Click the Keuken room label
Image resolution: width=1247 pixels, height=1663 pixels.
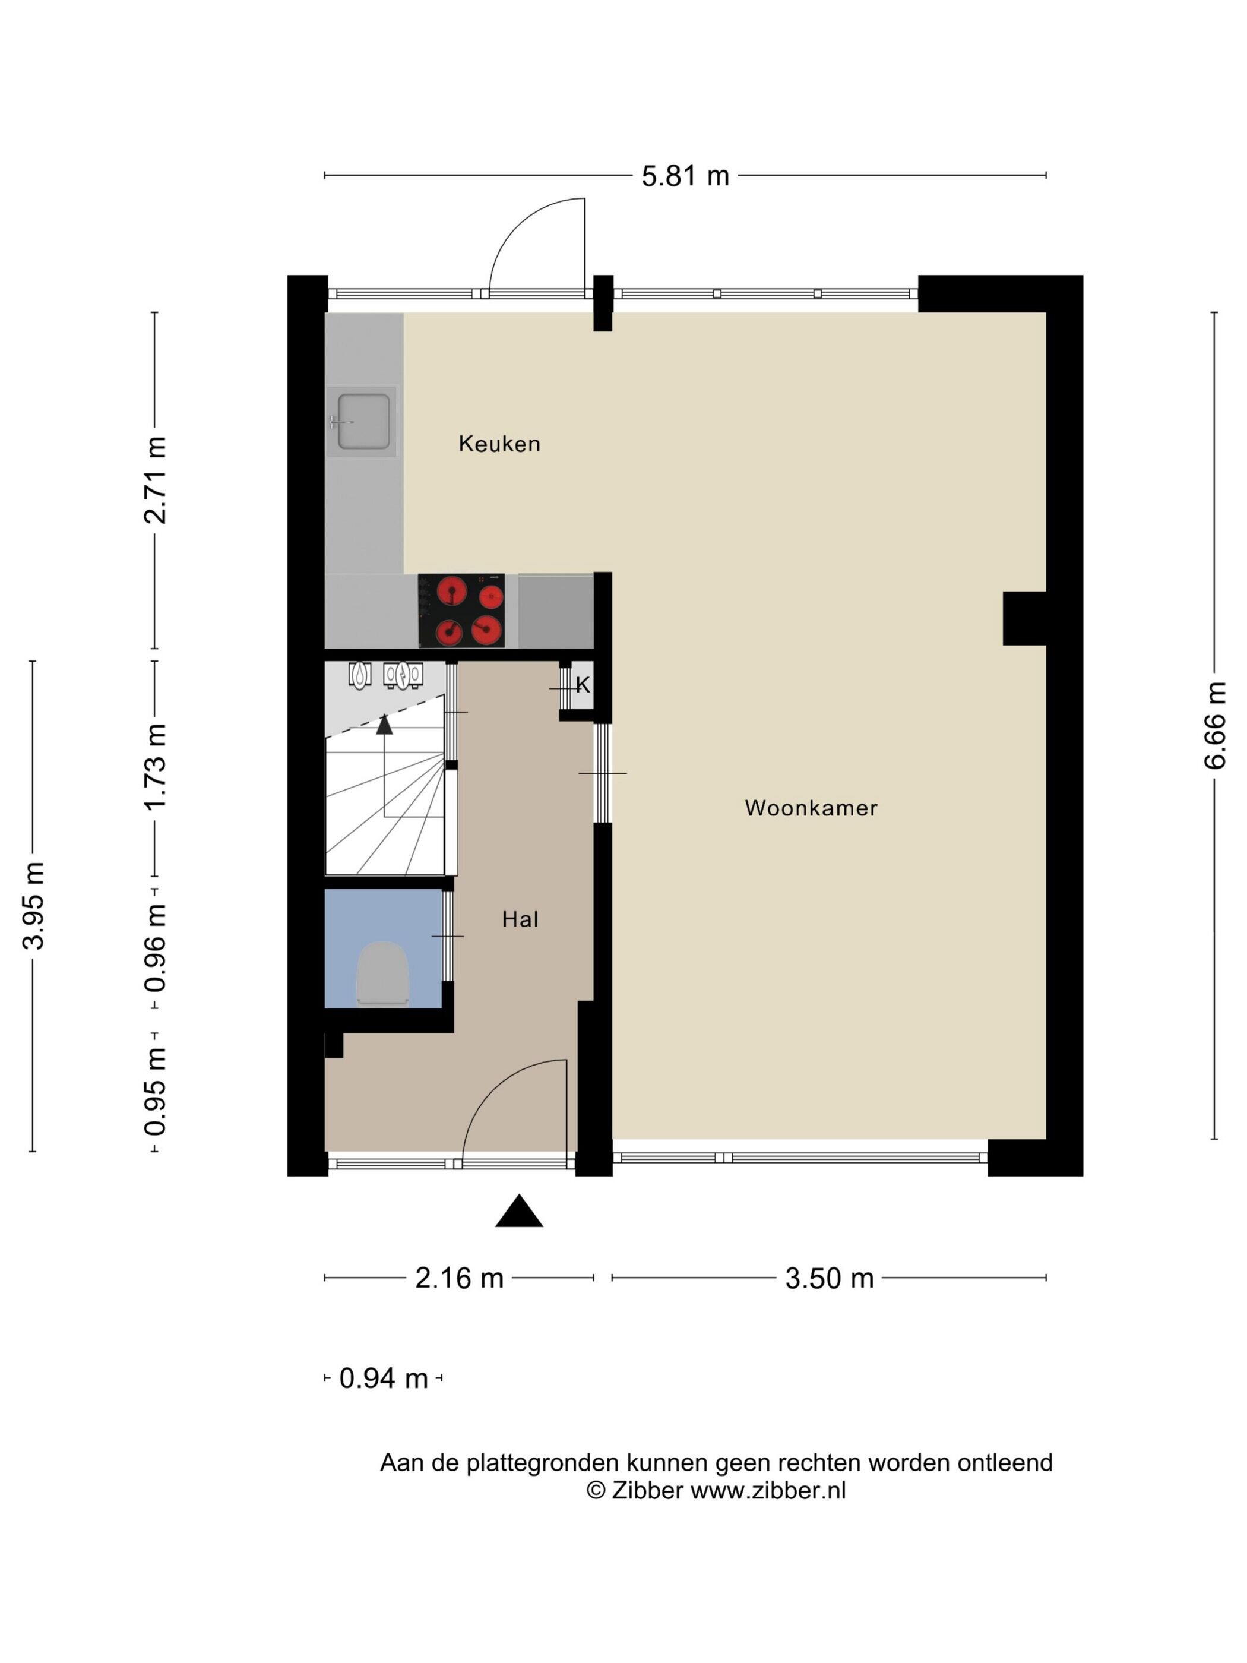(x=499, y=444)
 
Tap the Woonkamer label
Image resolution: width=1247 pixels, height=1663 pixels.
(x=811, y=808)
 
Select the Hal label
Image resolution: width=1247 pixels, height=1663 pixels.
(x=520, y=919)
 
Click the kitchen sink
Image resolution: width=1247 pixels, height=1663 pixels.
(x=362, y=421)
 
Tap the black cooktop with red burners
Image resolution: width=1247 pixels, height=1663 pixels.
(x=461, y=611)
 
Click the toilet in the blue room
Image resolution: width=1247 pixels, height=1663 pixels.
(x=382, y=973)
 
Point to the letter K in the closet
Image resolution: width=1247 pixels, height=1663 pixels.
(x=583, y=685)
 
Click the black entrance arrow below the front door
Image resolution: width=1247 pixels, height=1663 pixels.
(x=518, y=1210)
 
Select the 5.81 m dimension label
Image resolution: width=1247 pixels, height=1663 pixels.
(x=685, y=176)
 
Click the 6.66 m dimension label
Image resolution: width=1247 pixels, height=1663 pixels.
(x=1215, y=726)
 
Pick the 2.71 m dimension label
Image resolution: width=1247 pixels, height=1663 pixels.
(x=156, y=480)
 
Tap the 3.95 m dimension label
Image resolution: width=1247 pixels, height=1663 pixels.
(x=34, y=905)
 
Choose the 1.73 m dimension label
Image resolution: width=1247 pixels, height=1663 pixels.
(x=156, y=767)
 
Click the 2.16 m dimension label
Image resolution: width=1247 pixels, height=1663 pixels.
(x=459, y=1278)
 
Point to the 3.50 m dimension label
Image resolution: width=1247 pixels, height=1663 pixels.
(x=830, y=1278)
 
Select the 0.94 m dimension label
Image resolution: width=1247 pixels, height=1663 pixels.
(x=384, y=1378)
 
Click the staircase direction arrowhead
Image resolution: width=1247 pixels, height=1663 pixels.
(x=384, y=725)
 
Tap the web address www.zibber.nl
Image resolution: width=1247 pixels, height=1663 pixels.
(x=768, y=1490)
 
